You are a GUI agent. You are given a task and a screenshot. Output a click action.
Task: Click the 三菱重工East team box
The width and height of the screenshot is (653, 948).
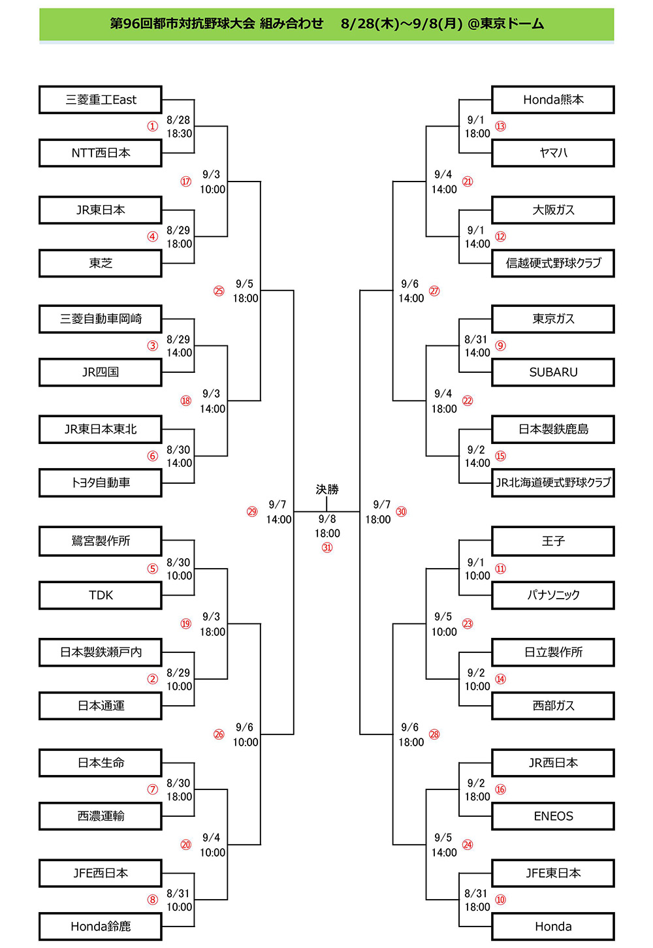pos(101,100)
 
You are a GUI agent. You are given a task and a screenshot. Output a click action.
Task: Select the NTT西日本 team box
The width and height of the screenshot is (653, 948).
pos(101,153)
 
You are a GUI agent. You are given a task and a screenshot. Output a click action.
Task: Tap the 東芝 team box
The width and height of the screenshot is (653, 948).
pos(101,263)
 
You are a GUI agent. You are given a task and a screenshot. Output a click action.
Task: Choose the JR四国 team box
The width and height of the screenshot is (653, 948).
pos(101,372)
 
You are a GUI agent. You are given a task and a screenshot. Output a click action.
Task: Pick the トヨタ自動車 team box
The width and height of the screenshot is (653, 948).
pos(101,482)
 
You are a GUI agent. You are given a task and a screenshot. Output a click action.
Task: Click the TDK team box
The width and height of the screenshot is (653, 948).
pos(101,595)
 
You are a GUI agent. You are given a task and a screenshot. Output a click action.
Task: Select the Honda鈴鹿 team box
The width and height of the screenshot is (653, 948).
pos(101,927)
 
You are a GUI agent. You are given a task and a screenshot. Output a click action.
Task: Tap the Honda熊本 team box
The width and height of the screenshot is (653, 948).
pos(552,100)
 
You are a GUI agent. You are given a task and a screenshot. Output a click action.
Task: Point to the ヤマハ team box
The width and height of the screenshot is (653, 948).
pos(552,153)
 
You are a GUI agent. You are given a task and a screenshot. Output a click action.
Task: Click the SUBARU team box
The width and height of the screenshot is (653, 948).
pos(552,372)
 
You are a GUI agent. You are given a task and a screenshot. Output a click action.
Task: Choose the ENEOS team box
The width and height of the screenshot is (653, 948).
pos(552,816)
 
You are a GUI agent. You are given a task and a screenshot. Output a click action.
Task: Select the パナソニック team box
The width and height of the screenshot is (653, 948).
pos(552,595)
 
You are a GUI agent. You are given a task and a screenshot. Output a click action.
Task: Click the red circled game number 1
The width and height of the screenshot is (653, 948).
pos(152,126)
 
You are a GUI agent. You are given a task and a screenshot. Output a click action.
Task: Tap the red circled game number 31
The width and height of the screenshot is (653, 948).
pos(326,548)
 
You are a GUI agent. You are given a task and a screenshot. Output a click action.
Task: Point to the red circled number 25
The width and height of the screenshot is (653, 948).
pos(219,291)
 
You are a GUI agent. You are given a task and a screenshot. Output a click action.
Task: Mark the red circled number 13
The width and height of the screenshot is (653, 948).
pos(500,126)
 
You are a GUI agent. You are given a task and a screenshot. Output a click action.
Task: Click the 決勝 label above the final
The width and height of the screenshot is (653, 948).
pos(326,490)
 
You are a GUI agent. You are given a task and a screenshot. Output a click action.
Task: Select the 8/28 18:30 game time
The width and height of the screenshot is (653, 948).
pos(179,127)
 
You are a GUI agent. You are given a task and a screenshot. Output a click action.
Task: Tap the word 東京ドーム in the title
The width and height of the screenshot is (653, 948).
pos(512,24)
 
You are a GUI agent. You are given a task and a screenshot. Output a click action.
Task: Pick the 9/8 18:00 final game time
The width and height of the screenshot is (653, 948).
pos(326,526)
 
